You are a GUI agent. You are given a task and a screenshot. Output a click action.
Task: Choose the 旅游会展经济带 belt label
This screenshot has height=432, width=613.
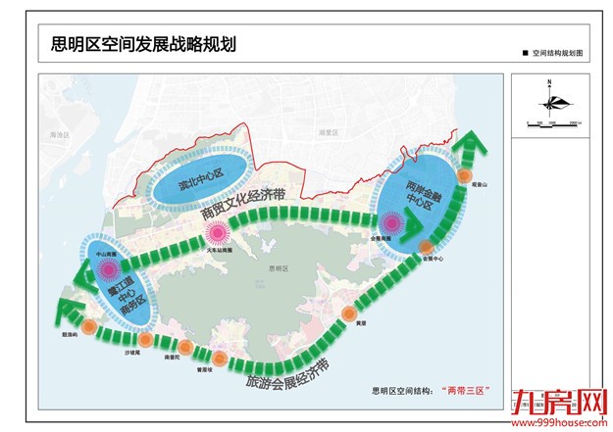(288, 371)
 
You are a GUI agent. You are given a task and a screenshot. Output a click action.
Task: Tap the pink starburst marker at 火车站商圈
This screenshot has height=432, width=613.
(218, 234)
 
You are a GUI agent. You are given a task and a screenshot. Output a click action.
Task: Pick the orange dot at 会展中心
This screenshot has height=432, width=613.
(423, 247)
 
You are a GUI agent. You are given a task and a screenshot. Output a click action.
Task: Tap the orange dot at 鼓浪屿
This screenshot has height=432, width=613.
(90, 326)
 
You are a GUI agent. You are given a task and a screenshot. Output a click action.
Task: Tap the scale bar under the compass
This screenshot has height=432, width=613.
(548, 121)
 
